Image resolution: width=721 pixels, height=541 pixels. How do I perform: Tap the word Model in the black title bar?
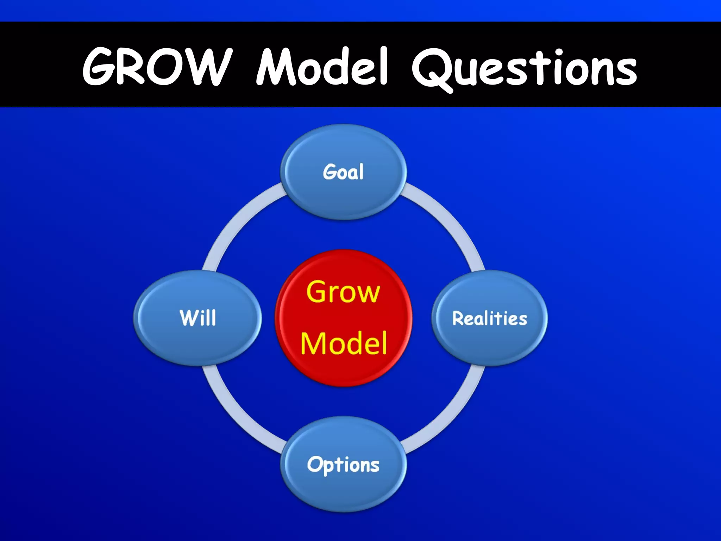[x=322, y=67]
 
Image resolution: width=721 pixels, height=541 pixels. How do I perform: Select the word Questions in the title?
[x=525, y=69]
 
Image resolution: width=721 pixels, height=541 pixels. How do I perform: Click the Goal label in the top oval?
[x=343, y=172]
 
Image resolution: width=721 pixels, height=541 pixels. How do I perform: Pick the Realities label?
[x=489, y=318]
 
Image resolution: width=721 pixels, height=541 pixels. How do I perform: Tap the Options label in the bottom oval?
[x=343, y=465]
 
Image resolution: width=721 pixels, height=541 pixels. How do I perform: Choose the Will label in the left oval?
[x=198, y=318]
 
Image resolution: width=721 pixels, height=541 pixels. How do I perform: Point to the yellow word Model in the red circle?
[x=343, y=343]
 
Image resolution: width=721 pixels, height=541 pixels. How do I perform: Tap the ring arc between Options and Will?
[x=239, y=416]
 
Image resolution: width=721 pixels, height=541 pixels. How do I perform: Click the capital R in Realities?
[x=458, y=318]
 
